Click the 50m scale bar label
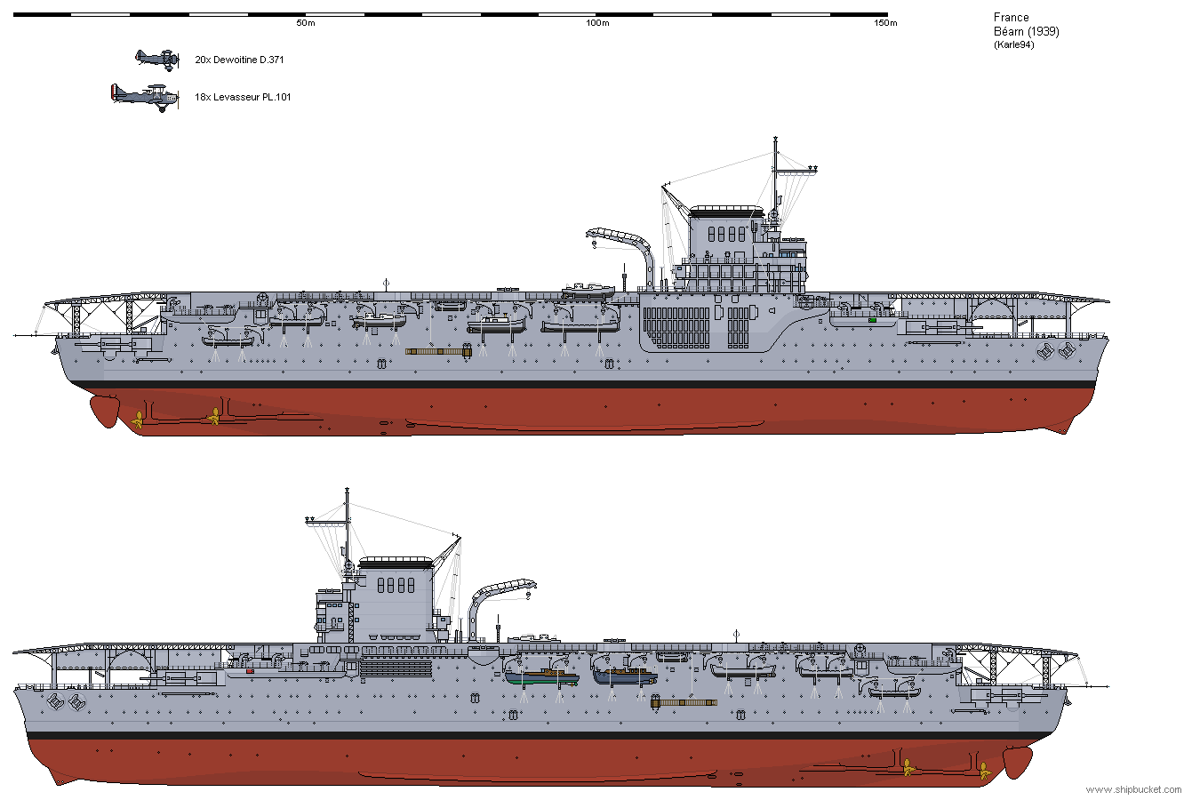click(306, 23)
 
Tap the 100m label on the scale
click(597, 23)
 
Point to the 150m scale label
click(885, 23)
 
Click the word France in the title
click(1011, 17)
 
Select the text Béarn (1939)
click(1027, 32)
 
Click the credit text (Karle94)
click(1013, 45)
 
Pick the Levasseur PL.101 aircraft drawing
click(145, 98)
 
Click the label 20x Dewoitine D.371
click(239, 60)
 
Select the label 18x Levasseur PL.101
click(243, 97)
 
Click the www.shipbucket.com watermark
click(1133, 789)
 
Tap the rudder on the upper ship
click(105, 411)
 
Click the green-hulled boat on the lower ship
click(542, 678)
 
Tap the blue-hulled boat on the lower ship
click(625, 676)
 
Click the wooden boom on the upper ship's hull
click(438, 351)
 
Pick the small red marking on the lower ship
click(250, 671)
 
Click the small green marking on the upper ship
click(872, 320)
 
